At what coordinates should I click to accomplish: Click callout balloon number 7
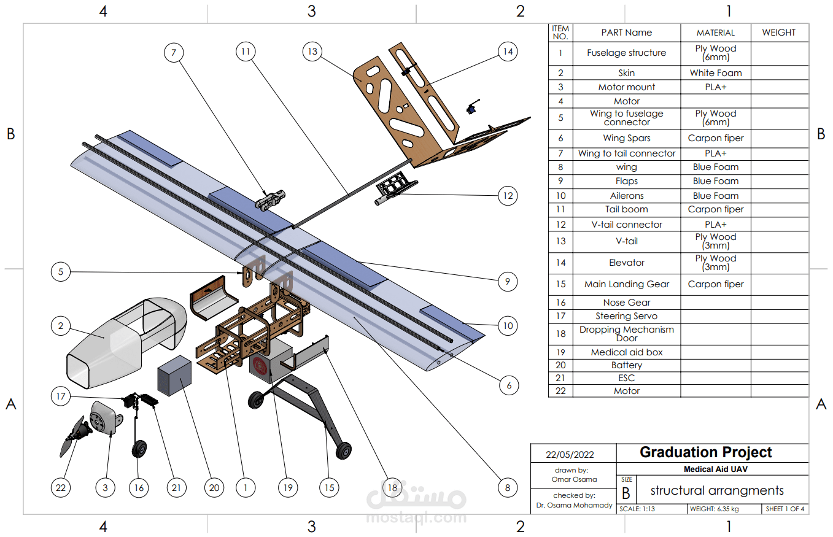pos(174,53)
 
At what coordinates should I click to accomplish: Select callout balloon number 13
pos(313,52)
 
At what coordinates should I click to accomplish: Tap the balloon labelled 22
pos(60,488)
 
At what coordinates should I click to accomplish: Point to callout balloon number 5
pos(61,271)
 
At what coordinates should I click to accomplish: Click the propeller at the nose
pos(72,437)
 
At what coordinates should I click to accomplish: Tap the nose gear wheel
pos(140,450)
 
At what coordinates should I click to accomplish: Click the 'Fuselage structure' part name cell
pos(626,53)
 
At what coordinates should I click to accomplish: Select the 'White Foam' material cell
pos(715,73)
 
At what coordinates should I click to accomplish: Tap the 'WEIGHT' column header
pos(778,33)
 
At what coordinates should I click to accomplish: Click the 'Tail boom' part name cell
pos(626,209)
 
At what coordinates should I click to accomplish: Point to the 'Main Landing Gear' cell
pos(626,284)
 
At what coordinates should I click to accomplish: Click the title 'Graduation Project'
pos(705,452)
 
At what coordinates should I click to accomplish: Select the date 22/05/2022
pos(570,455)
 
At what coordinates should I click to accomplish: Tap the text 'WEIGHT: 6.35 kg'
pos(714,509)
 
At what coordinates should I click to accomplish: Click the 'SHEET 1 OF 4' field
pos(785,509)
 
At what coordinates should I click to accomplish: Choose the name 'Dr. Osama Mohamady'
pos(573,505)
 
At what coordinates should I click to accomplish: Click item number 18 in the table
pos(560,334)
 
